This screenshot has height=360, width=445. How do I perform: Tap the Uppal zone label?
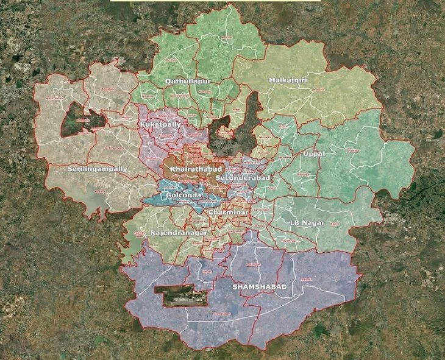[313, 154]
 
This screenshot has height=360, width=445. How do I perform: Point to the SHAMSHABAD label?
[260, 286]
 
